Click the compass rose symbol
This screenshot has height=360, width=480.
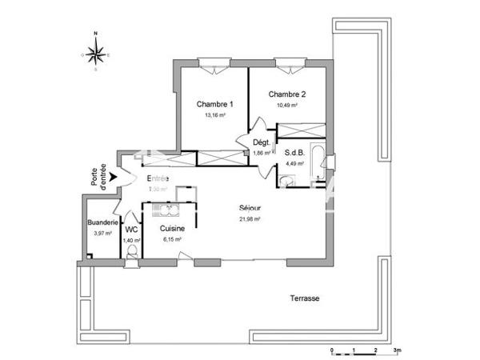point(95,53)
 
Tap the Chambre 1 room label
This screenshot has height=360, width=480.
point(215,104)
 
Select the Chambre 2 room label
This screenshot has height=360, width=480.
point(286,94)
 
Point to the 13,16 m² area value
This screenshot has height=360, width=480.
point(215,115)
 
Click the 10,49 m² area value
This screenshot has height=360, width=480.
point(286,105)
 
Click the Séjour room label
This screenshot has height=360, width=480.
point(250,208)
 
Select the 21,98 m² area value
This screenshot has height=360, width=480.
point(250,219)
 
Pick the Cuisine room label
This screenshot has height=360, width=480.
point(172,229)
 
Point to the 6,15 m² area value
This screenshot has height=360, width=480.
point(172,239)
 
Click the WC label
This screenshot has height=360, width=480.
point(131,229)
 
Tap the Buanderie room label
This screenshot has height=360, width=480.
point(103,222)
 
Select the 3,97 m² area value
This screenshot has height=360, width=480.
point(103,233)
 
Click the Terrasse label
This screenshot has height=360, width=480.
point(304,298)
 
